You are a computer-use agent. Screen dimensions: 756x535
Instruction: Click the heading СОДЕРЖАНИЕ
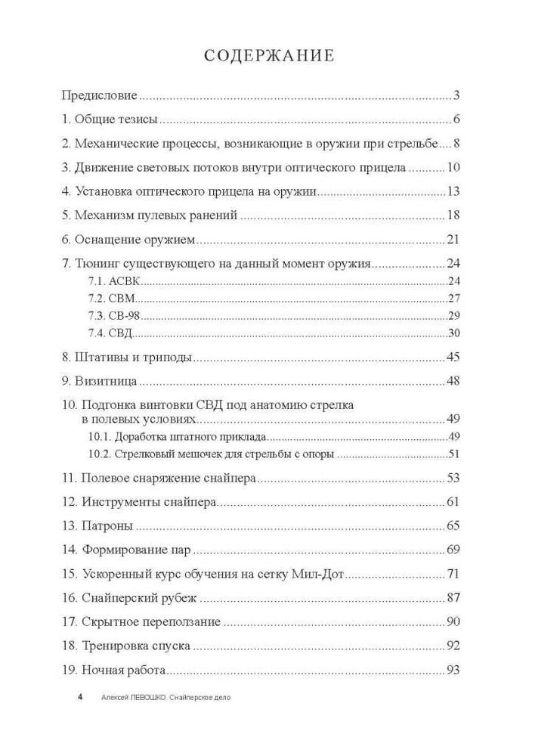click(x=268, y=56)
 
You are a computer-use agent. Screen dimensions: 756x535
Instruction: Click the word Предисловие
click(x=99, y=95)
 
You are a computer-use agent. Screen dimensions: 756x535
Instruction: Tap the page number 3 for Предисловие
click(x=457, y=95)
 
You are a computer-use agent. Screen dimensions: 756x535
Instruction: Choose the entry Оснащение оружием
click(x=135, y=240)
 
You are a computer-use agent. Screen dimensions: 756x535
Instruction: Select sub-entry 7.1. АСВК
click(x=104, y=281)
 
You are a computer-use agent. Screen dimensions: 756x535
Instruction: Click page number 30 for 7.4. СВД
click(x=454, y=333)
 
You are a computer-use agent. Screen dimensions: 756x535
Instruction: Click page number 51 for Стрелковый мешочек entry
click(x=454, y=454)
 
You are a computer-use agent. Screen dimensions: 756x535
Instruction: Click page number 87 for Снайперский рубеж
click(x=454, y=598)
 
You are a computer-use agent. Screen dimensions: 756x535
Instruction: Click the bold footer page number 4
click(x=79, y=697)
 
